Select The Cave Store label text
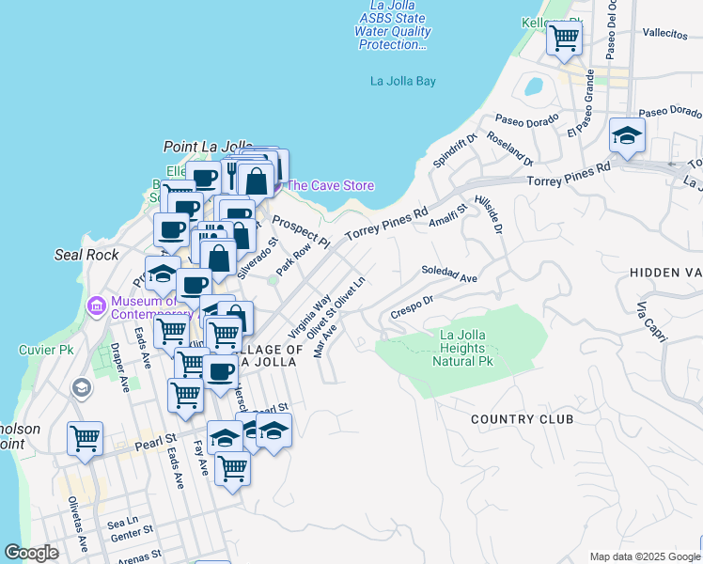(330, 185)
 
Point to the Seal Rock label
(86, 255)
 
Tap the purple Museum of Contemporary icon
(95, 305)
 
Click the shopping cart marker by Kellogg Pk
(565, 39)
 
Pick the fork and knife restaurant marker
(227, 169)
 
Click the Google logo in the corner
(32, 553)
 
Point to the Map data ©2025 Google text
(644, 556)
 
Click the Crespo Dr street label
(411, 307)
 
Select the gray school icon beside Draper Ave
(82, 387)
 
